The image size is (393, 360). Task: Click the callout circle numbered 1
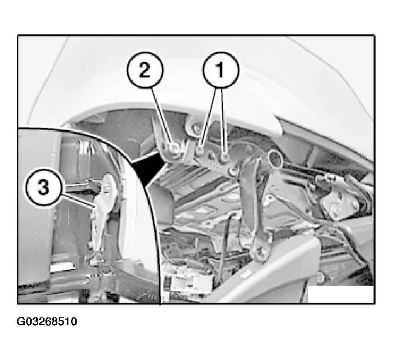(220, 70)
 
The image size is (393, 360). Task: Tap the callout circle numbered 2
(145, 70)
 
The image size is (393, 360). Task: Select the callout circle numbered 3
(43, 187)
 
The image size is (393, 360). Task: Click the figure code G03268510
(47, 321)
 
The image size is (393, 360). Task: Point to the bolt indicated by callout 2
(173, 148)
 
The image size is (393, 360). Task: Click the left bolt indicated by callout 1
(200, 150)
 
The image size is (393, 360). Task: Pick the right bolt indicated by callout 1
(225, 157)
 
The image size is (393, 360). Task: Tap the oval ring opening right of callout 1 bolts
(275, 158)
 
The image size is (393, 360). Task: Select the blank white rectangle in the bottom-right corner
(341, 294)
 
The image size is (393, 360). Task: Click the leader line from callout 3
(77, 200)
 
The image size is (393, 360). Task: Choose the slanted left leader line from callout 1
(209, 116)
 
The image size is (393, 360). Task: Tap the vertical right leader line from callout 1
(224, 121)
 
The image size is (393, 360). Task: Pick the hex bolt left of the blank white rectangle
(320, 277)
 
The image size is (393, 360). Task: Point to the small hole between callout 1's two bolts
(211, 157)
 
